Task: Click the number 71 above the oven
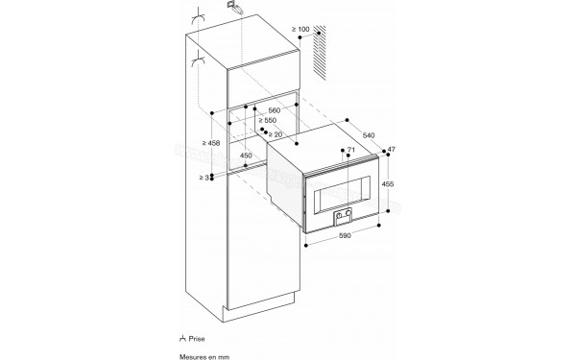tap(351, 152)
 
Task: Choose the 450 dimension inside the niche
tap(246, 156)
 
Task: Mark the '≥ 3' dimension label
tap(204, 177)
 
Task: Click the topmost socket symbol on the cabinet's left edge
tap(200, 18)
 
